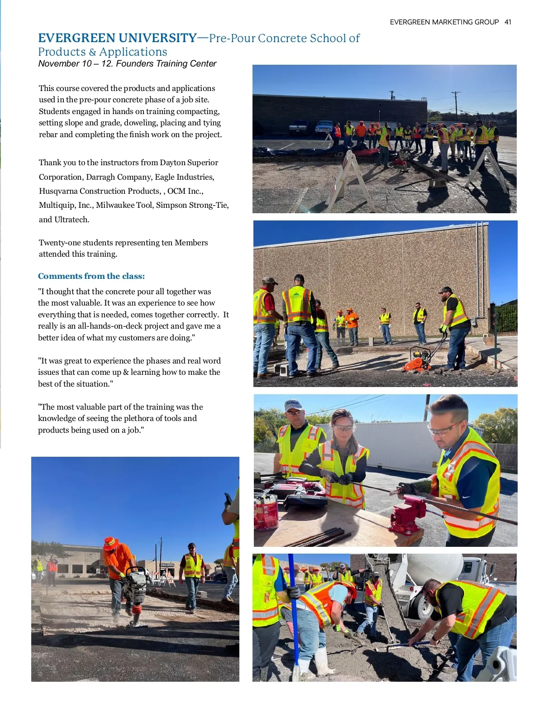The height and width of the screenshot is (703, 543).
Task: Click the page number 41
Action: [x=508, y=22]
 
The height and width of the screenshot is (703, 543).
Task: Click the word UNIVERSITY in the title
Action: [x=157, y=38]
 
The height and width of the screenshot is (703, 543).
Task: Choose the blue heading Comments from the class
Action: [x=91, y=276]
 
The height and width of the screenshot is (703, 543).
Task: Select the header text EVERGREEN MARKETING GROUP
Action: [x=444, y=22]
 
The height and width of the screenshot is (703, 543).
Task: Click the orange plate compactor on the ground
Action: [x=418, y=360]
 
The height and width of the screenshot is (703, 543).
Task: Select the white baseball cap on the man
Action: [x=293, y=404]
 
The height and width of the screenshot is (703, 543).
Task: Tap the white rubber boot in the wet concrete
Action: [x=324, y=661]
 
